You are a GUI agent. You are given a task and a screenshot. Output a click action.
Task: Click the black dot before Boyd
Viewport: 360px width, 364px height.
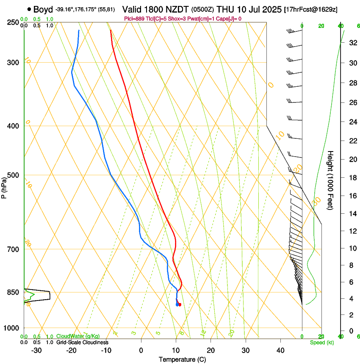coord(29,9)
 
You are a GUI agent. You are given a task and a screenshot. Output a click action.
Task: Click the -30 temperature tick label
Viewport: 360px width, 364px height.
coord(36,350)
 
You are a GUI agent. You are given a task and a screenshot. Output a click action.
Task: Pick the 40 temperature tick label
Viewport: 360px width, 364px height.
coord(280,350)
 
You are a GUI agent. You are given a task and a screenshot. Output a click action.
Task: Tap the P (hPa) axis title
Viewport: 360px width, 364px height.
coord(4,186)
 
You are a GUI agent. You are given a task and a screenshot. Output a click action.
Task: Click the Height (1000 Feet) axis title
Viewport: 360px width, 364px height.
coord(331,180)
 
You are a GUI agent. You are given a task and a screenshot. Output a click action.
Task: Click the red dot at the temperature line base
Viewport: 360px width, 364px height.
coord(180,304)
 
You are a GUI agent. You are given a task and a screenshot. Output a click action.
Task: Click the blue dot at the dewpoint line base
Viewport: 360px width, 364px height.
coord(177,304)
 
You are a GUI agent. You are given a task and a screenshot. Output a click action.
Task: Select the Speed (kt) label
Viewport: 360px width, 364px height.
coord(321,342)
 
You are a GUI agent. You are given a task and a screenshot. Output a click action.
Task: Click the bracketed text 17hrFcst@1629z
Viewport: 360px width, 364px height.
coord(311,10)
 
